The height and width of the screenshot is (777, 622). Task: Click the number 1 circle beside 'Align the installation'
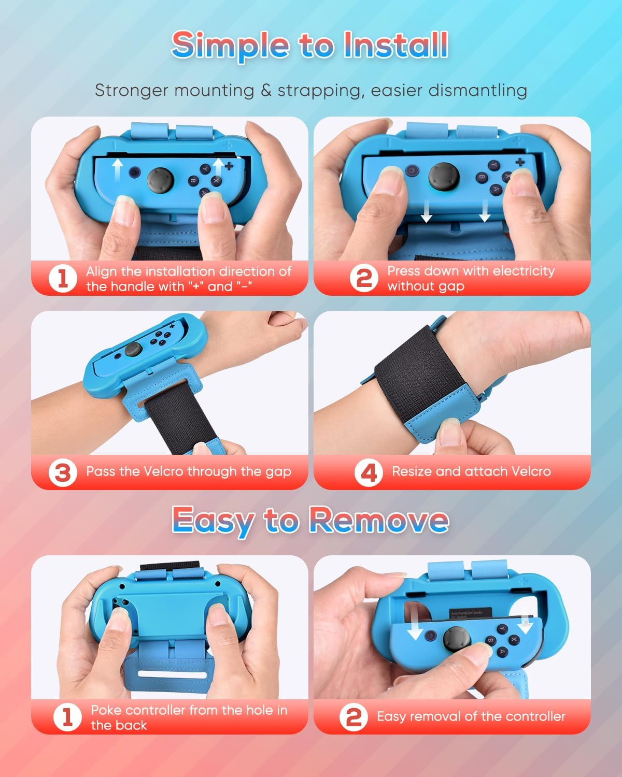63,279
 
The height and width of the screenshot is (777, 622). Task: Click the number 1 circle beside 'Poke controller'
67,717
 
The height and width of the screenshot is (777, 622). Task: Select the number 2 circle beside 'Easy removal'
354,717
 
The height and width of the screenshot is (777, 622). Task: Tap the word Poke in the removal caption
106,710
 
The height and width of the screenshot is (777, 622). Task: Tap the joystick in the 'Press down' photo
444,176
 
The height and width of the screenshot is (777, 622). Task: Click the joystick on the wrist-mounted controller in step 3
134,351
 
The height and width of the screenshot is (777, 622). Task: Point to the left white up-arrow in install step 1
118,170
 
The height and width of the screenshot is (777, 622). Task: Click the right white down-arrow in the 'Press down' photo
485,210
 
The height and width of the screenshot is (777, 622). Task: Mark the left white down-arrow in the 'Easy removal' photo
415,628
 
